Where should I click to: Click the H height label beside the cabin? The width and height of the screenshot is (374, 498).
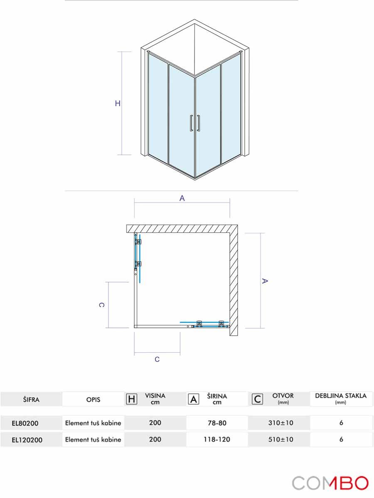coord(118,104)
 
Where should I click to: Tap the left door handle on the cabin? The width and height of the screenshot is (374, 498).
coord(191,123)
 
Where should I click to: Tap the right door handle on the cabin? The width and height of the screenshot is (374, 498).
coord(199,123)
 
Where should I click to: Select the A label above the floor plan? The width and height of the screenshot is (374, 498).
coord(182,198)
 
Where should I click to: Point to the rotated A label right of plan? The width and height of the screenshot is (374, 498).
coord(265,281)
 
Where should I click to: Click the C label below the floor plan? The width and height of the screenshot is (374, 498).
coord(157,359)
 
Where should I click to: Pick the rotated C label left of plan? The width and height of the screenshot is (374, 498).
coord(101,305)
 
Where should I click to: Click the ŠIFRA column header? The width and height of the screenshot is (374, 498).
coord(31,400)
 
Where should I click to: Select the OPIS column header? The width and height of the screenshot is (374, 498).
coord(93,400)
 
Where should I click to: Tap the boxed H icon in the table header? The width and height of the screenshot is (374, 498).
coord(131,400)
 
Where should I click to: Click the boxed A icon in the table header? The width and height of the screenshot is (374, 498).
coord(193,400)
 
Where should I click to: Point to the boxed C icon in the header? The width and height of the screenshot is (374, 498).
coord(257,400)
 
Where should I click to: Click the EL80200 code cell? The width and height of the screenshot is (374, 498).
coord(26,424)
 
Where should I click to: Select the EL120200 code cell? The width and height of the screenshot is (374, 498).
coord(27,439)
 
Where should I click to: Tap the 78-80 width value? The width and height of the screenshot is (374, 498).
coord(217,423)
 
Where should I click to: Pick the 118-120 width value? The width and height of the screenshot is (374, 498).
coord(217,439)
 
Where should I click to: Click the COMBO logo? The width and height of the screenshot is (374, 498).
coord(330,483)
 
